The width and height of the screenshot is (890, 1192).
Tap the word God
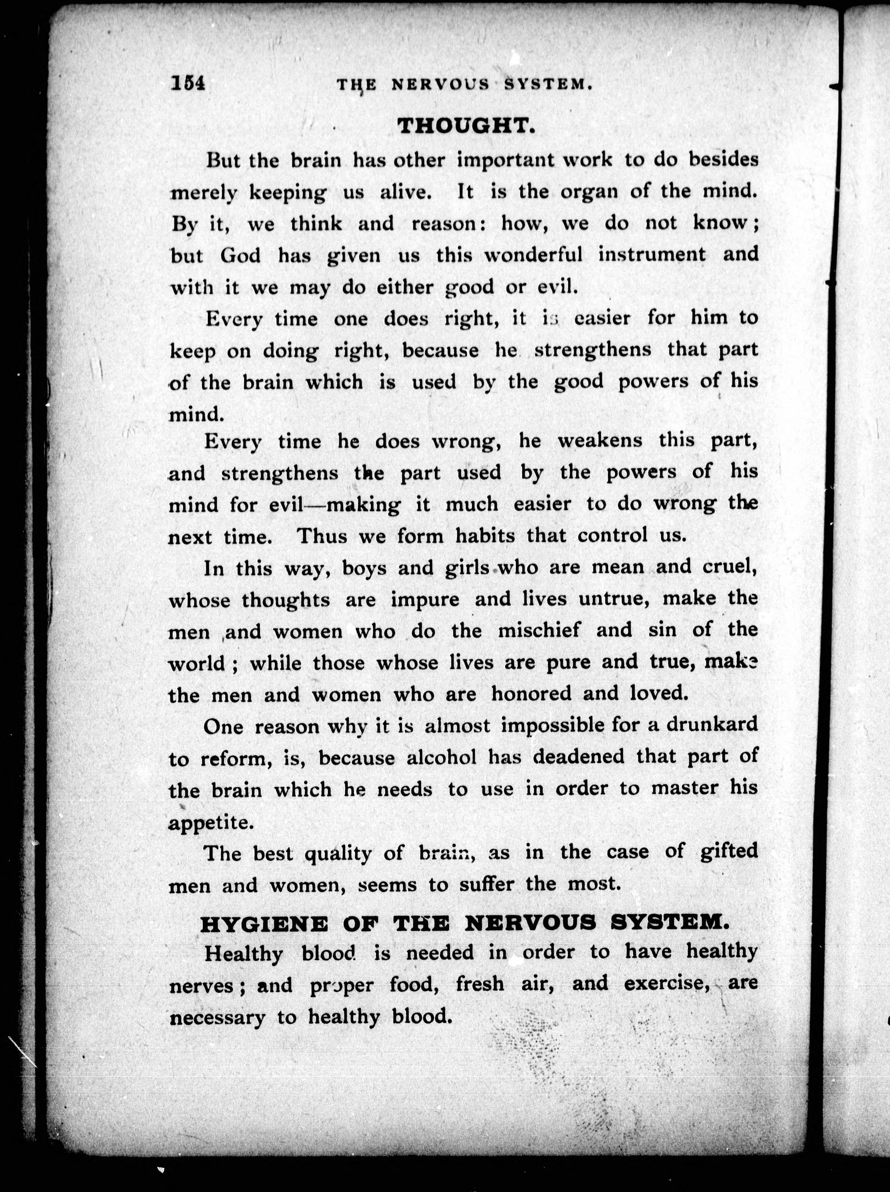coord(240,255)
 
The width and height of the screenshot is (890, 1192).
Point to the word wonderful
coord(533,254)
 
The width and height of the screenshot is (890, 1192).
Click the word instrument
coord(652,254)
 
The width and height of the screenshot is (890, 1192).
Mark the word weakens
coord(600,441)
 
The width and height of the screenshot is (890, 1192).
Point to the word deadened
coord(579,757)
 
